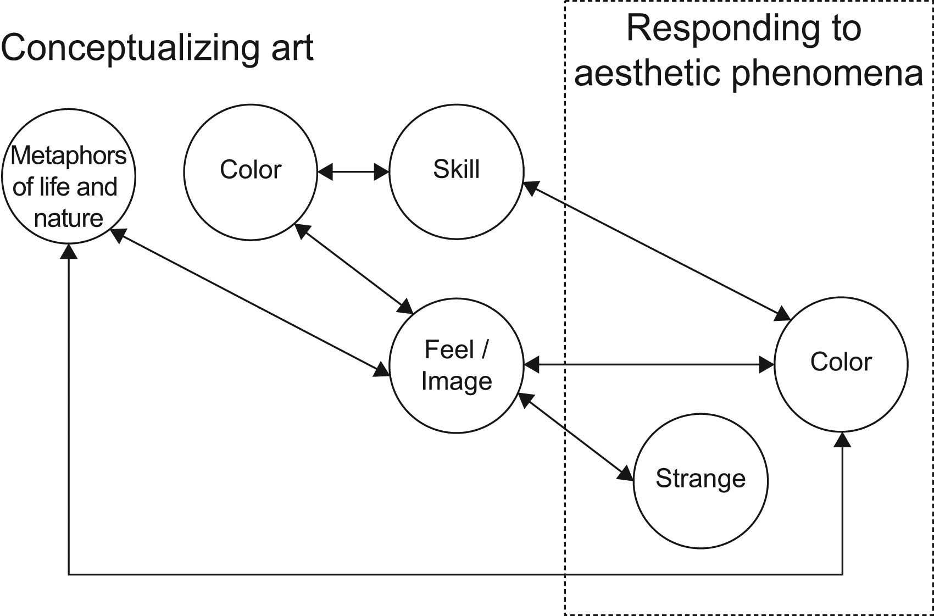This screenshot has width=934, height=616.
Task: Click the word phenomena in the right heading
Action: [827, 73]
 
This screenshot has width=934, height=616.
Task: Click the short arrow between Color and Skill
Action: [353, 172]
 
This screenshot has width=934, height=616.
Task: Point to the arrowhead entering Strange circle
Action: [627, 475]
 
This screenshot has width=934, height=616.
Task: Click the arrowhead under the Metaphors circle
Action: [69, 252]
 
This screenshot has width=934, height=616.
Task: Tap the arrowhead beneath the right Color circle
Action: [842, 440]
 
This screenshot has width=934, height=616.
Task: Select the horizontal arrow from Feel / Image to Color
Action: [648, 364]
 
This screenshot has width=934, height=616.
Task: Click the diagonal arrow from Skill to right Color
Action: [657, 251]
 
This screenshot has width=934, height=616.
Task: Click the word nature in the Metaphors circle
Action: [69, 219]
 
